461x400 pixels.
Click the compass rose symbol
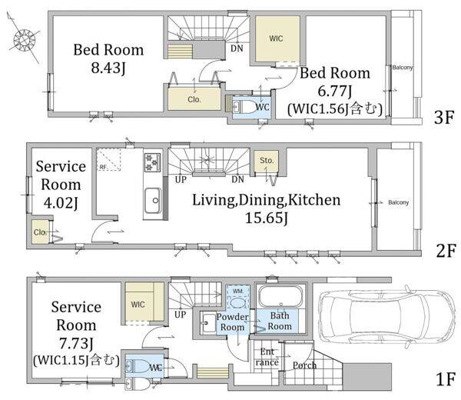click(x=24, y=39)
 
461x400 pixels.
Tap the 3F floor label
click(x=444, y=117)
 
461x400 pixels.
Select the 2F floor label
click(x=446, y=251)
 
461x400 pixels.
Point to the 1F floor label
click(x=446, y=378)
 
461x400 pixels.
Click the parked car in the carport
click(x=387, y=317)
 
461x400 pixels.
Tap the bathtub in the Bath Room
click(x=280, y=297)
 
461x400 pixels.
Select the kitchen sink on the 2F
click(x=153, y=201)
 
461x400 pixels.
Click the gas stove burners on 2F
click(x=152, y=162)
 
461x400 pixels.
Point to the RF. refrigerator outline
click(x=109, y=159)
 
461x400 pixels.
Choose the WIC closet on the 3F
click(x=277, y=39)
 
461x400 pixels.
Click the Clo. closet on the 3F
click(x=194, y=99)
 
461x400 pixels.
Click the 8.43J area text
click(x=108, y=68)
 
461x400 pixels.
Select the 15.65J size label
click(x=267, y=218)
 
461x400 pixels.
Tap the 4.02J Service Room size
click(x=61, y=203)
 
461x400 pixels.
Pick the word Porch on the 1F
click(x=304, y=365)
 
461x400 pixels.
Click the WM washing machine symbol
click(x=237, y=297)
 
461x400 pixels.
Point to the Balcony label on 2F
click(x=398, y=202)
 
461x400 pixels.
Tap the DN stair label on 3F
click(x=237, y=48)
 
